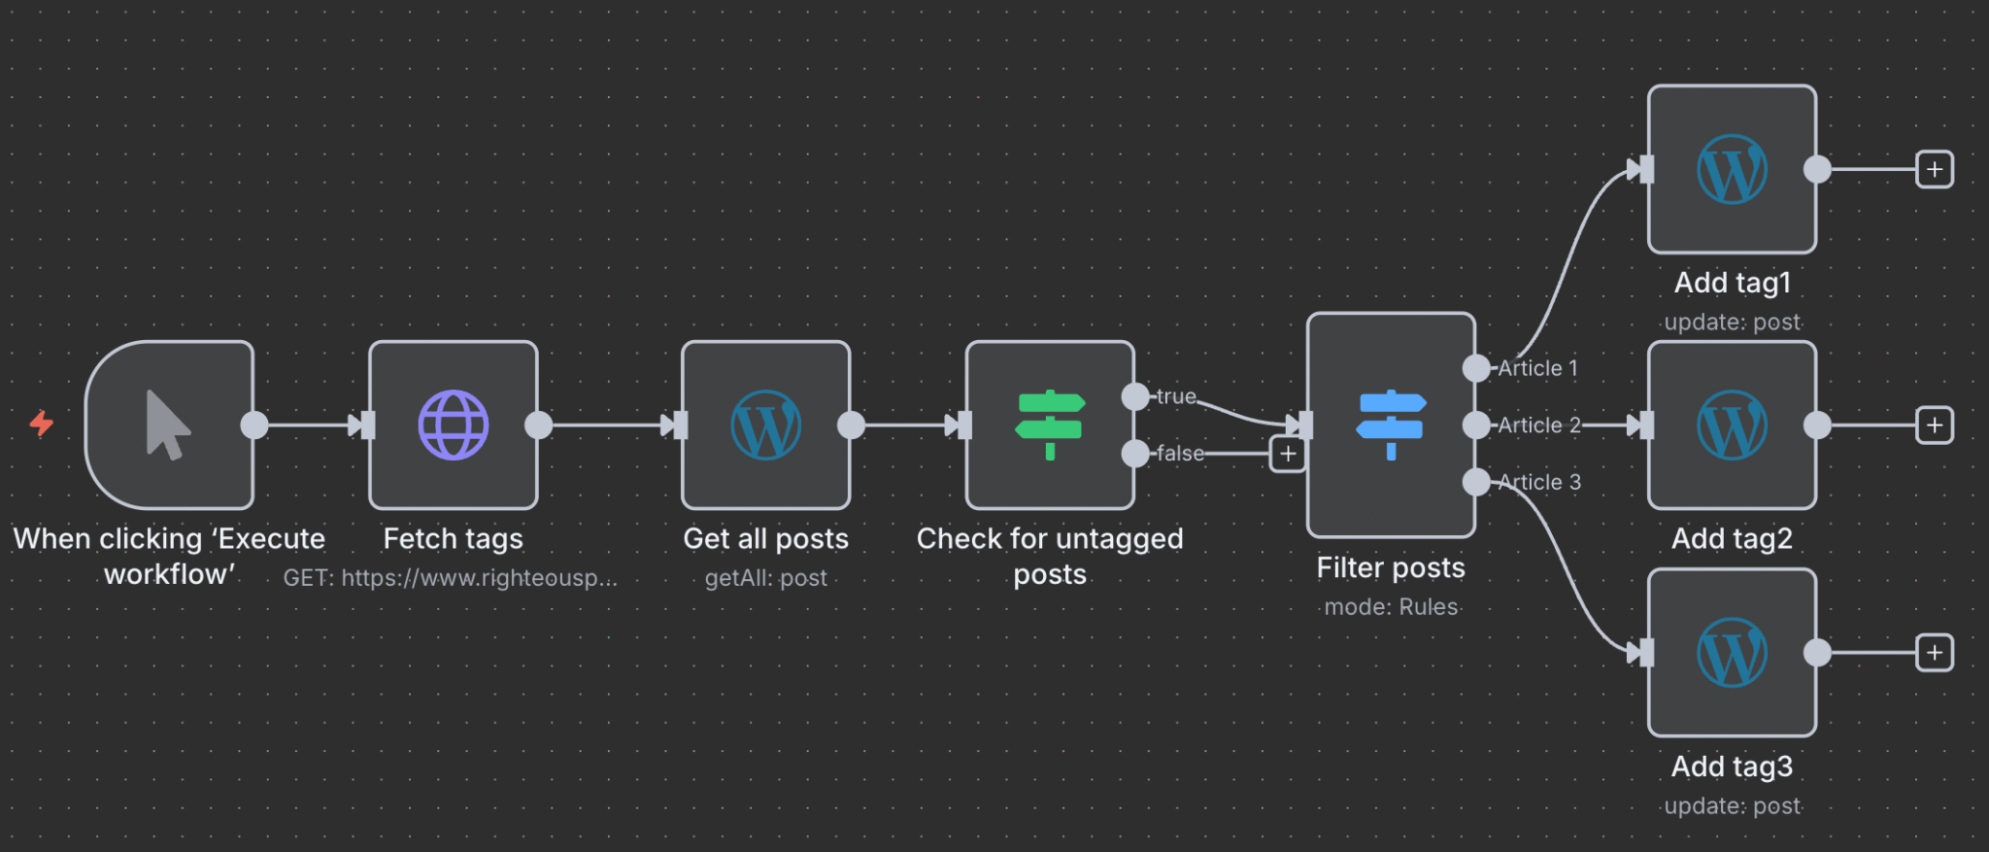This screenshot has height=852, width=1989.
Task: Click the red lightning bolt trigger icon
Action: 41,424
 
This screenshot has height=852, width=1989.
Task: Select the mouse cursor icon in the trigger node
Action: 167,425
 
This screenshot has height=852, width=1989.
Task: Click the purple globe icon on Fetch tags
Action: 453,425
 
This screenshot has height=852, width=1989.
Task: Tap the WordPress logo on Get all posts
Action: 765,425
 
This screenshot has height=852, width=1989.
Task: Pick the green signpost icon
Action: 1050,425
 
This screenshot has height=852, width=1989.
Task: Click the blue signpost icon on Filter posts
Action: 1391,425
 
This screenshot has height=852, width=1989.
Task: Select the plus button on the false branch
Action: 1288,454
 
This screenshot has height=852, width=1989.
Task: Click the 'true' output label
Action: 1176,396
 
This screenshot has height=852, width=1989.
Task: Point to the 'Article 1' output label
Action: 1537,368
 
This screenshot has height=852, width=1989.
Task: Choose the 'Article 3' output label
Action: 1539,482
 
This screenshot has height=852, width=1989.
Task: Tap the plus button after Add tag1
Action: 1934,169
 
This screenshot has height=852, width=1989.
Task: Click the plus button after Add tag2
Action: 1934,425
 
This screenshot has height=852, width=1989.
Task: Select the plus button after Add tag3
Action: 1934,653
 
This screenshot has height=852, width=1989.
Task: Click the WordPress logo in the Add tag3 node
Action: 1732,653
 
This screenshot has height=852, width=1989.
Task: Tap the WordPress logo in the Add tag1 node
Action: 1732,169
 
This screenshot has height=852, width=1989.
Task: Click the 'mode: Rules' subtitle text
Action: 1391,607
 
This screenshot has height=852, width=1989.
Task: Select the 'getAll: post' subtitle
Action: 765,578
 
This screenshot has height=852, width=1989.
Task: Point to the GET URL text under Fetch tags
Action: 450,578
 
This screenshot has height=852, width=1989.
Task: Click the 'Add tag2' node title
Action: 1732,538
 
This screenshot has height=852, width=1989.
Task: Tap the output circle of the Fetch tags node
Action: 538,425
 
